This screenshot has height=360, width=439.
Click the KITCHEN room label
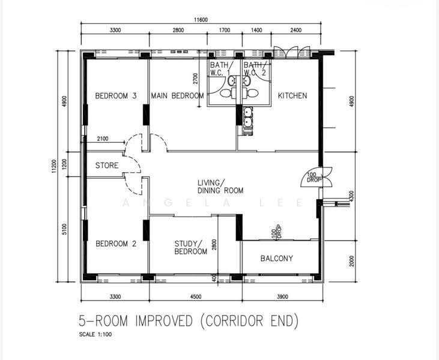pos(292,95)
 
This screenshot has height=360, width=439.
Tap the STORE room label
pos(107,166)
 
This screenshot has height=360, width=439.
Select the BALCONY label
pos(277,258)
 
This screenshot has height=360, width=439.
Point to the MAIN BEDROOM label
pos(178,95)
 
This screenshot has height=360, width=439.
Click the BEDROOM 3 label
pos(116,95)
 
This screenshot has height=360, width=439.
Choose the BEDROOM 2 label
pos(116,244)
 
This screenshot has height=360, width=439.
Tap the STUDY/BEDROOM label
pos(190,248)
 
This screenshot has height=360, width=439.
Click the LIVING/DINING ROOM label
pos(220,187)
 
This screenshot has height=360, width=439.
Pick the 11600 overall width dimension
pos(201,20)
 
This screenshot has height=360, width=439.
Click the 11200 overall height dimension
pos(54,166)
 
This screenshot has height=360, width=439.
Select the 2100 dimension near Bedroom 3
pos(103,139)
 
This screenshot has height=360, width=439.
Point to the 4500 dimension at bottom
pos(195,296)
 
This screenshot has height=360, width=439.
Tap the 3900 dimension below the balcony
pos(282,296)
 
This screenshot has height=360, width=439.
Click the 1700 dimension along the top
pos(225,30)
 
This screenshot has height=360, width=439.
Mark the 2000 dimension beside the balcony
pos(352,261)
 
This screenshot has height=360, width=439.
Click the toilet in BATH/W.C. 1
pos(227,93)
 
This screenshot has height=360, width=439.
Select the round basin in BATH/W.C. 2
pos(247,81)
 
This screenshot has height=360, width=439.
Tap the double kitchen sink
pos(248,117)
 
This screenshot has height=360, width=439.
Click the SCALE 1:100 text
pos(95,334)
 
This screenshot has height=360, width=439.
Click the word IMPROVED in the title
pos(164,320)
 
